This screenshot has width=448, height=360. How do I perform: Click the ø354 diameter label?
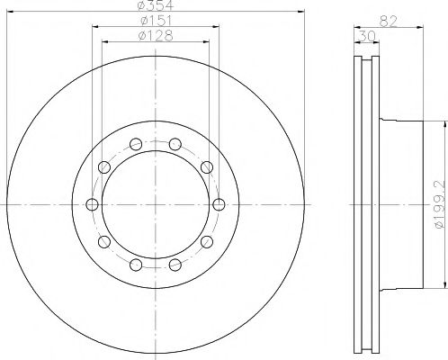[x=156, y=4]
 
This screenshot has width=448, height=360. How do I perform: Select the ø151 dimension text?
[x=156, y=21]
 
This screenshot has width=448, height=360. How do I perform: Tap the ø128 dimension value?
[x=156, y=36]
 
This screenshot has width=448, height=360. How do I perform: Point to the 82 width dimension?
[x=389, y=22]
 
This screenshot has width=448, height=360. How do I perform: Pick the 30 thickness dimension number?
[x=367, y=37]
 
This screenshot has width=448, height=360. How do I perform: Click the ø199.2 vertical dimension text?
[x=440, y=204]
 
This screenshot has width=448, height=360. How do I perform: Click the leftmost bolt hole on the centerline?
[x=92, y=204]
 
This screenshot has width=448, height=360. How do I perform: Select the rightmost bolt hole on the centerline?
[x=219, y=204]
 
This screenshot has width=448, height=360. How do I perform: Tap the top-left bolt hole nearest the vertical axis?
[x=136, y=144]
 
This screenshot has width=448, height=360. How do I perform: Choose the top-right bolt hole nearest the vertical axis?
[x=175, y=144]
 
